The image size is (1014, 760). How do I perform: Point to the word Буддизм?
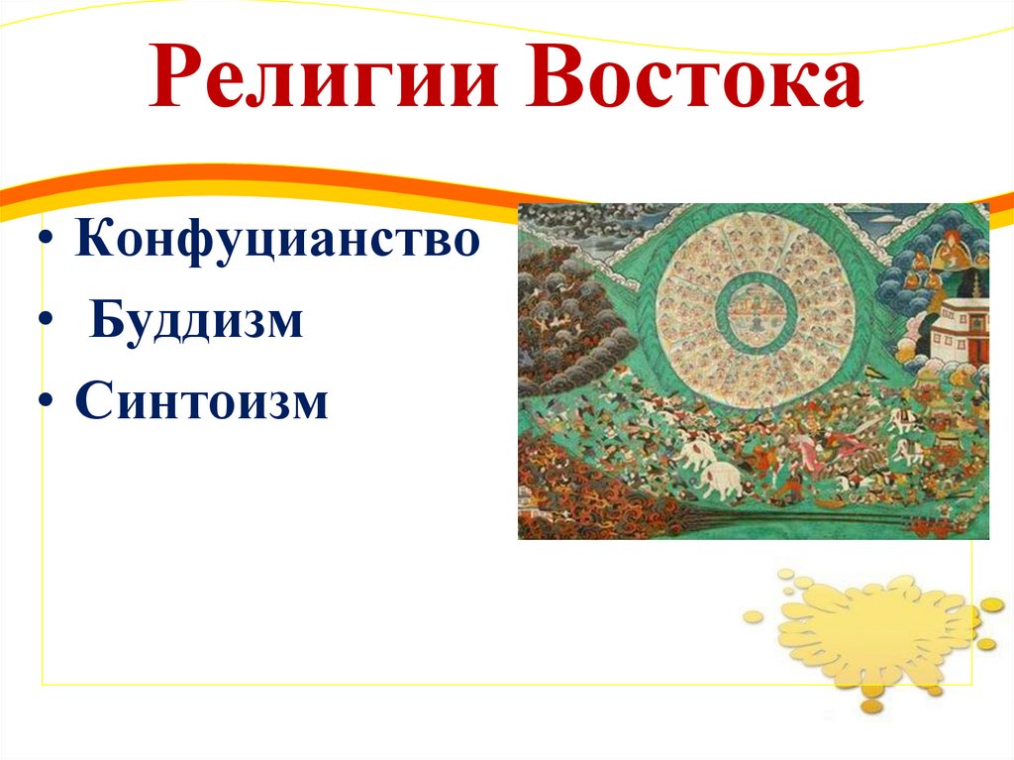pyautogui.click(x=197, y=324)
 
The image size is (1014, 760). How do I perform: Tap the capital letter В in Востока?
pyautogui.click(x=560, y=83)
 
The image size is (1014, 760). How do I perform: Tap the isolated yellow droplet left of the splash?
pyautogui.click(x=754, y=616)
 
